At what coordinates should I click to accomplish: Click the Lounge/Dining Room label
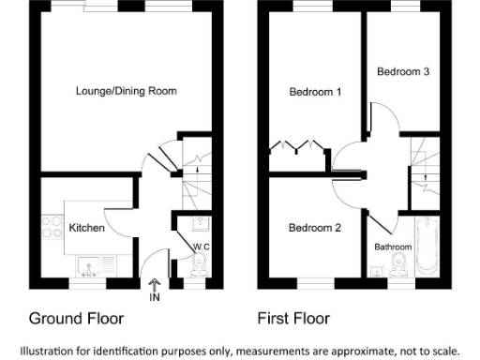(126, 91)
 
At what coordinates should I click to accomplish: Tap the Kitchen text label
(86, 228)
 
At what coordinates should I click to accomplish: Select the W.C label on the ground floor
(200, 247)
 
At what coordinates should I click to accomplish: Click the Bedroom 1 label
(314, 91)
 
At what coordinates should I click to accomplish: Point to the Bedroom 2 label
(314, 227)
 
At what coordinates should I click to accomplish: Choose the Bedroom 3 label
(403, 70)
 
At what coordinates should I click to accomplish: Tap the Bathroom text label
(393, 247)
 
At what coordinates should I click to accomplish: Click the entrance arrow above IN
(155, 283)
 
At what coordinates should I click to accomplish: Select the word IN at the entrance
(155, 298)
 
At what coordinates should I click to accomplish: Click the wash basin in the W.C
(198, 223)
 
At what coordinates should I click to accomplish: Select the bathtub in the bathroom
(427, 246)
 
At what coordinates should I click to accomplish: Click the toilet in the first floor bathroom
(397, 269)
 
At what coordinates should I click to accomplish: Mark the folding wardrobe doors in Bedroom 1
(298, 147)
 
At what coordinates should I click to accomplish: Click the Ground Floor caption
(76, 319)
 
